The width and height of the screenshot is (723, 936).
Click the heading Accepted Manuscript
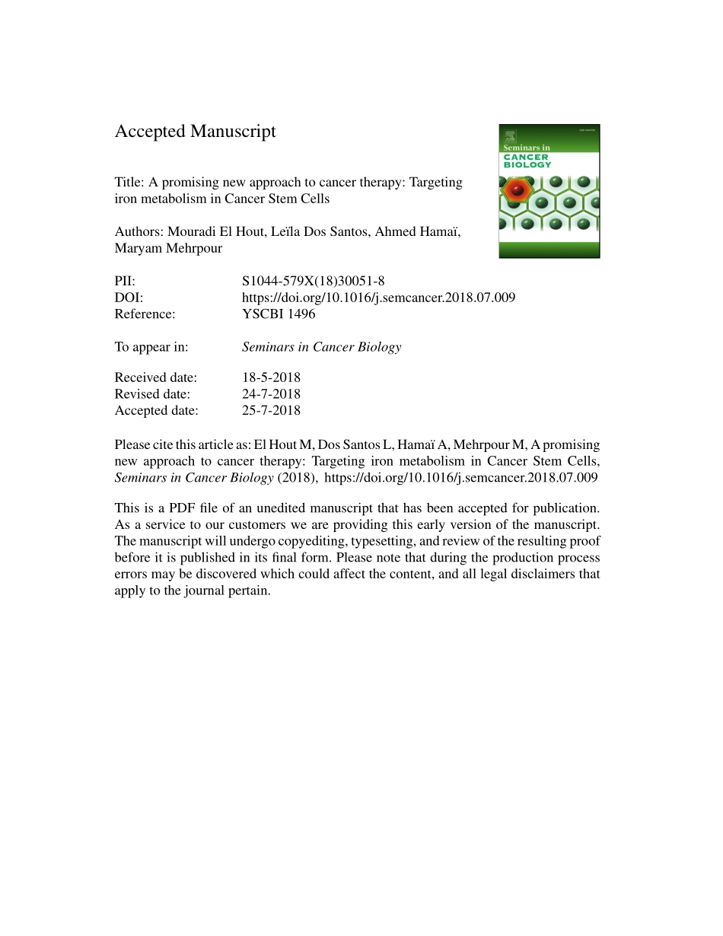(195, 132)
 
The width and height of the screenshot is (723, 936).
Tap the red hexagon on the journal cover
(517, 187)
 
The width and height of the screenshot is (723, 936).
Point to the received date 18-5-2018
(271, 377)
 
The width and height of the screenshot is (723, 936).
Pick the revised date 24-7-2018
(271, 394)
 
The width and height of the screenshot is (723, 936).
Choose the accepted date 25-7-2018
(271, 411)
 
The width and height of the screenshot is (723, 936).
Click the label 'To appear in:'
(151, 347)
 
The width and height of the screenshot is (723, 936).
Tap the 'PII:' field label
(125, 281)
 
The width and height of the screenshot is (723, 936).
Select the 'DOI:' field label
(129, 298)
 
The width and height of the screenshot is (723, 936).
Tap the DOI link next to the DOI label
(378, 298)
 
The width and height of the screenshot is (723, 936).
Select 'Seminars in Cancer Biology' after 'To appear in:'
(321, 347)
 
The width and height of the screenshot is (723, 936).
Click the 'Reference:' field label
(145, 314)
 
